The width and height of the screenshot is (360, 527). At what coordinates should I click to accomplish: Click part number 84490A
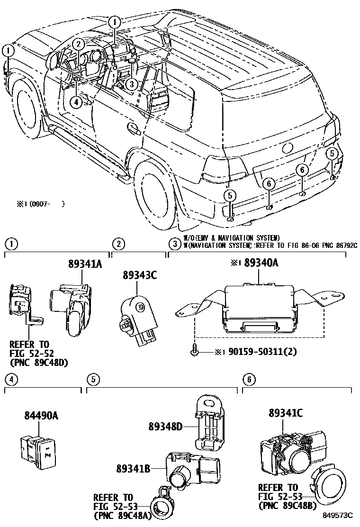point(41,416)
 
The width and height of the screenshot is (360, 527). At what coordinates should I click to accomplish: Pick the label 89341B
point(133,469)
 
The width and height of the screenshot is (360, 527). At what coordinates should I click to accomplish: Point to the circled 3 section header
point(175,244)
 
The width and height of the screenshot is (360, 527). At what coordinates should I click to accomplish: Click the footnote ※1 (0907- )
point(40,204)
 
